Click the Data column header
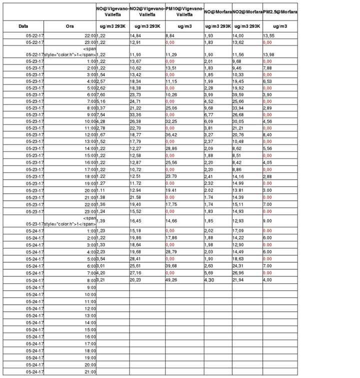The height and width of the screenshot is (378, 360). point(23,26)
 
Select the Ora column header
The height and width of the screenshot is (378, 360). point(70,26)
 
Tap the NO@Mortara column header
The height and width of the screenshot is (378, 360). point(217,11)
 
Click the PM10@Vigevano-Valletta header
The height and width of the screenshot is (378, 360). point(184,11)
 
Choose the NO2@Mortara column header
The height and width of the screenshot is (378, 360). point(247,11)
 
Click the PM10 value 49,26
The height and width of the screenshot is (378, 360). point(172,280)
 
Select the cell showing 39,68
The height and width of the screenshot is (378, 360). point(172,266)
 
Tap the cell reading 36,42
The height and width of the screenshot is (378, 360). point(172,134)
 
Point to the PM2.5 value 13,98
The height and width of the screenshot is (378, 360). point(269,54)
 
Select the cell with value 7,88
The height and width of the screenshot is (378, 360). point(267,67)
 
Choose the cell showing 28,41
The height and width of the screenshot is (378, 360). point(136,259)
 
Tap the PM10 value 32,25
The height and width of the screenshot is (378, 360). point(172,120)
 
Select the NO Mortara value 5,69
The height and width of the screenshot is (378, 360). point(209,273)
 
